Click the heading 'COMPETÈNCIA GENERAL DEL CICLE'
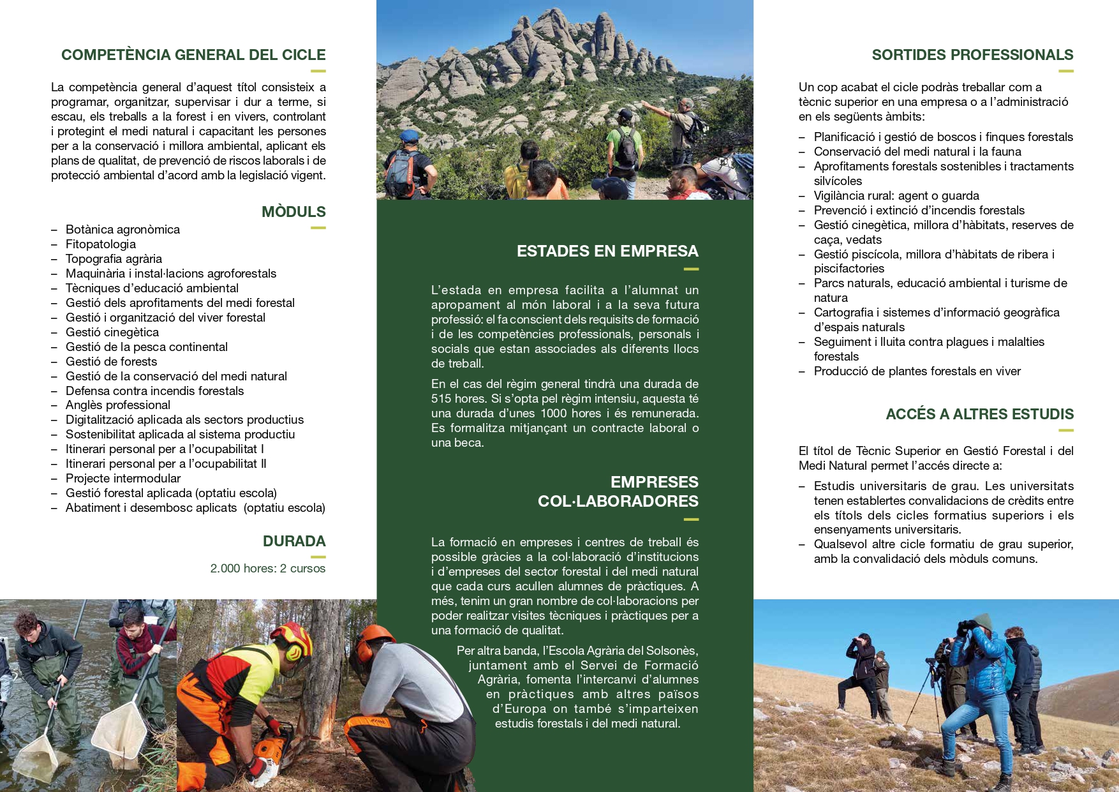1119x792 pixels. click(x=193, y=55)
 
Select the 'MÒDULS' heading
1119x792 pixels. click(x=293, y=212)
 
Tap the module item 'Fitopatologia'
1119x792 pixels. click(x=101, y=244)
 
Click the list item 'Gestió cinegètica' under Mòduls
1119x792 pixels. click(x=112, y=332)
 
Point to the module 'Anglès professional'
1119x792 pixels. click(x=118, y=405)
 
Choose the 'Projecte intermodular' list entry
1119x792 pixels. click(x=123, y=478)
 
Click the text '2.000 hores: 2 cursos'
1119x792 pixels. click(x=268, y=568)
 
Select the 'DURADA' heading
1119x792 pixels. click(x=294, y=541)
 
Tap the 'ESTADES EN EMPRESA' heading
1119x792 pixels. click(x=607, y=251)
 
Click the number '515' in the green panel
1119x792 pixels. click(x=441, y=399)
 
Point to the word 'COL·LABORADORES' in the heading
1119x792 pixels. click(x=618, y=501)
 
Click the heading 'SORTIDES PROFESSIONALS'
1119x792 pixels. click(x=972, y=55)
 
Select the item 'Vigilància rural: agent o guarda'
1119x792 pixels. click(x=896, y=196)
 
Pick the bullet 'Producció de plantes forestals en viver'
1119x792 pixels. click(x=917, y=371)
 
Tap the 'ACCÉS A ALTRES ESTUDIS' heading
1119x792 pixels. click(x=979, y=414)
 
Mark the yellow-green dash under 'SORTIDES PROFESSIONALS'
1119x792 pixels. click(x=1066, y=71)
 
